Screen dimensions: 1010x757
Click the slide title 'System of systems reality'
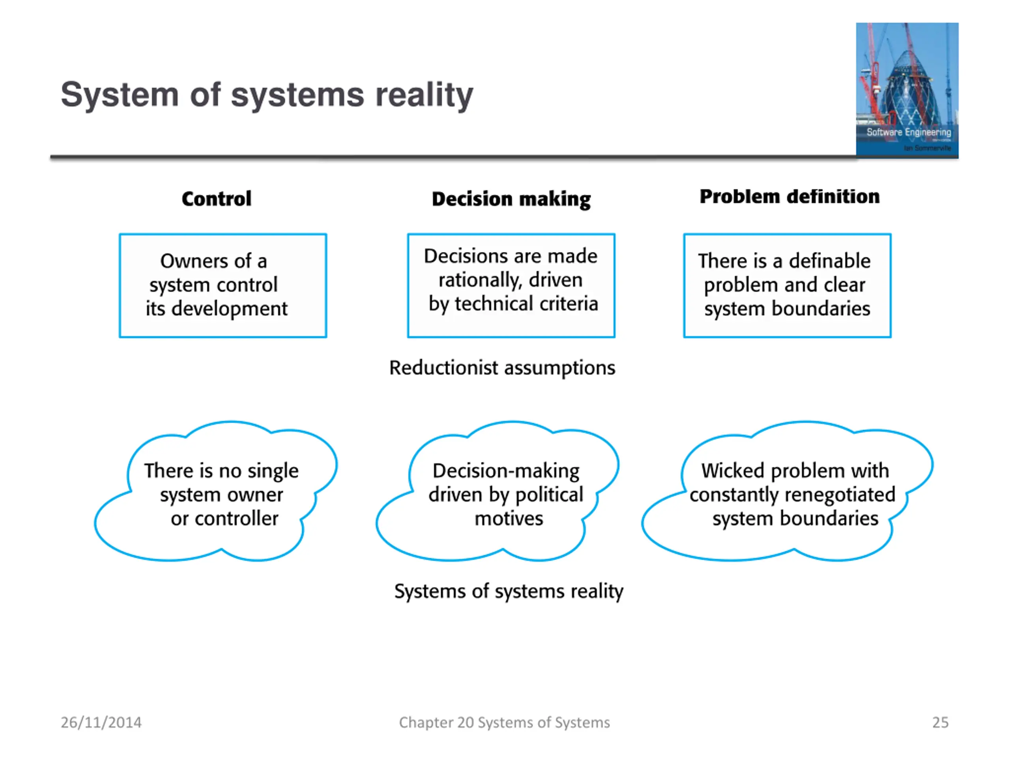point(267,95)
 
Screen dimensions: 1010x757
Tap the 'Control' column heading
point(217,198)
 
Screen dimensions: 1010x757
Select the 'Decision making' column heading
point(511,200)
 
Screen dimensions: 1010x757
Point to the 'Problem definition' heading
point(789,197)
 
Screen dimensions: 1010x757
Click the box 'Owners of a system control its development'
point(223,285)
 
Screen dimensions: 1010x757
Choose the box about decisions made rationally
point(511,285)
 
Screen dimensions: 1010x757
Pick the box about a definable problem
point(787,285)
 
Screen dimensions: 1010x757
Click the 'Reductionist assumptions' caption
point(502,368)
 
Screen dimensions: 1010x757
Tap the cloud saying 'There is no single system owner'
point(216,491)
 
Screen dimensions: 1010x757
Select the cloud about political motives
point(498,491)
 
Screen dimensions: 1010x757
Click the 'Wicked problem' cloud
point(787,491)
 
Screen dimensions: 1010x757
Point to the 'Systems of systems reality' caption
point(509,591)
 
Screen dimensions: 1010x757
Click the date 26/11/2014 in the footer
point(101,722)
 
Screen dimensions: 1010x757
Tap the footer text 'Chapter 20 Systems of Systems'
point(505,722)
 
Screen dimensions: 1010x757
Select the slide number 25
point(940,722)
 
